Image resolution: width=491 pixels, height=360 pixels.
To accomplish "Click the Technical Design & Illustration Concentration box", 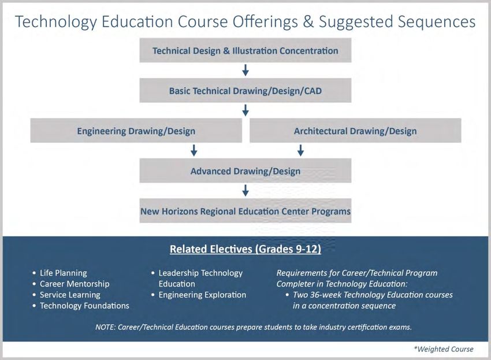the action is (x=245, y=50).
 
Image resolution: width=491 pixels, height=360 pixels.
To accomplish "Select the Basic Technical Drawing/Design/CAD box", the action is (x=245, y=90).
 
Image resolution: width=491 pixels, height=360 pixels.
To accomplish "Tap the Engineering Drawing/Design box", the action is (x=136, y=131).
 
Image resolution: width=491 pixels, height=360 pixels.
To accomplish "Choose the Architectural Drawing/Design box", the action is (x=355, y=131).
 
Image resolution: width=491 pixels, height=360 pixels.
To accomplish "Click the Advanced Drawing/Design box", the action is (x=245, y=170).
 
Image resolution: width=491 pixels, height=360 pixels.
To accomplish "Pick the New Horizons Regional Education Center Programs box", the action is (x=245, y=210).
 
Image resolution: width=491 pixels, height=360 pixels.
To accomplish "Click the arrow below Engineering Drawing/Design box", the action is (x=194, y=150).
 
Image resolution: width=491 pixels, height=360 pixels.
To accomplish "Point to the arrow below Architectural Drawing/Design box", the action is (x=300, y=150).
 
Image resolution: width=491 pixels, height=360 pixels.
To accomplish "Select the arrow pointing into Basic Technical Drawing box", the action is (x=245, y=70).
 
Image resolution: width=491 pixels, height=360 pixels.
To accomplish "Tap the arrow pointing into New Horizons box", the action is (x=245, y=191).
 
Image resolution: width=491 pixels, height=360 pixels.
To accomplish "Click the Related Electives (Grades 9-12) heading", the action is (x=245, y=249).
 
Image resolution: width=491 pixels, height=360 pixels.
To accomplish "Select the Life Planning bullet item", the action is (x=64, y=273).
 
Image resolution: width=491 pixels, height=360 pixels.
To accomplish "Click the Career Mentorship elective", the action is (x=75, y=284).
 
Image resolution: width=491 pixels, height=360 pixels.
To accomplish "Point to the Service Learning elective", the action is (x=70, y=295).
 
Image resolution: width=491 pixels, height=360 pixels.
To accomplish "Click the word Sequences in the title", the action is (x=436, y=22).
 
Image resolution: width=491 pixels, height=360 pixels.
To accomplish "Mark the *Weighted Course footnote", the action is (x=444, y=349).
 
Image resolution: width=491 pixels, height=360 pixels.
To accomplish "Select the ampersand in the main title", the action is (x=308, y=21).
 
